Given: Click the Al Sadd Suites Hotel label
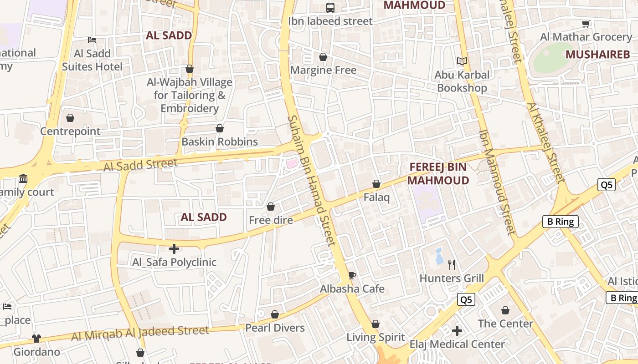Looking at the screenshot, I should coord(92,60).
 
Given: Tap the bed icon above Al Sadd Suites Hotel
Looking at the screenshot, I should coord(92,40).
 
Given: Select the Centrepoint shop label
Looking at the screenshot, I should coord(70,131).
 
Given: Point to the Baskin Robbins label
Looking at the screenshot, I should coord(220,142).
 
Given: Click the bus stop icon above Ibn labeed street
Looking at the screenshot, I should coord(330,7).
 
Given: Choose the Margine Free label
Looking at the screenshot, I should coord(323,70).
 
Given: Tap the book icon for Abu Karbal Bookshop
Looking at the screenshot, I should coord(462,61).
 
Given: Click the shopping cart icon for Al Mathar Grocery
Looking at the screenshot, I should coord(586,24).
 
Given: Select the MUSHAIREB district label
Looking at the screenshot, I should coord(597,55).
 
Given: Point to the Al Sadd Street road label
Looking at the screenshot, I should coord(140,165).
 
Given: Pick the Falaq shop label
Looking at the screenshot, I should coord(376,197).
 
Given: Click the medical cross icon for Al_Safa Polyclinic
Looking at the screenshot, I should coord(174,249).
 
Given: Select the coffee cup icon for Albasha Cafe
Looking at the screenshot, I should coord(352,275).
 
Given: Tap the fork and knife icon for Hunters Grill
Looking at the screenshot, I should coord(452,265).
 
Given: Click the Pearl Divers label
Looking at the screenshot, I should coord(275,328).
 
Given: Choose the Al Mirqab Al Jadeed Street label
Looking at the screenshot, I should coord(140,333).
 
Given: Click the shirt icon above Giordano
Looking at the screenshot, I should coord(36,339).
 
